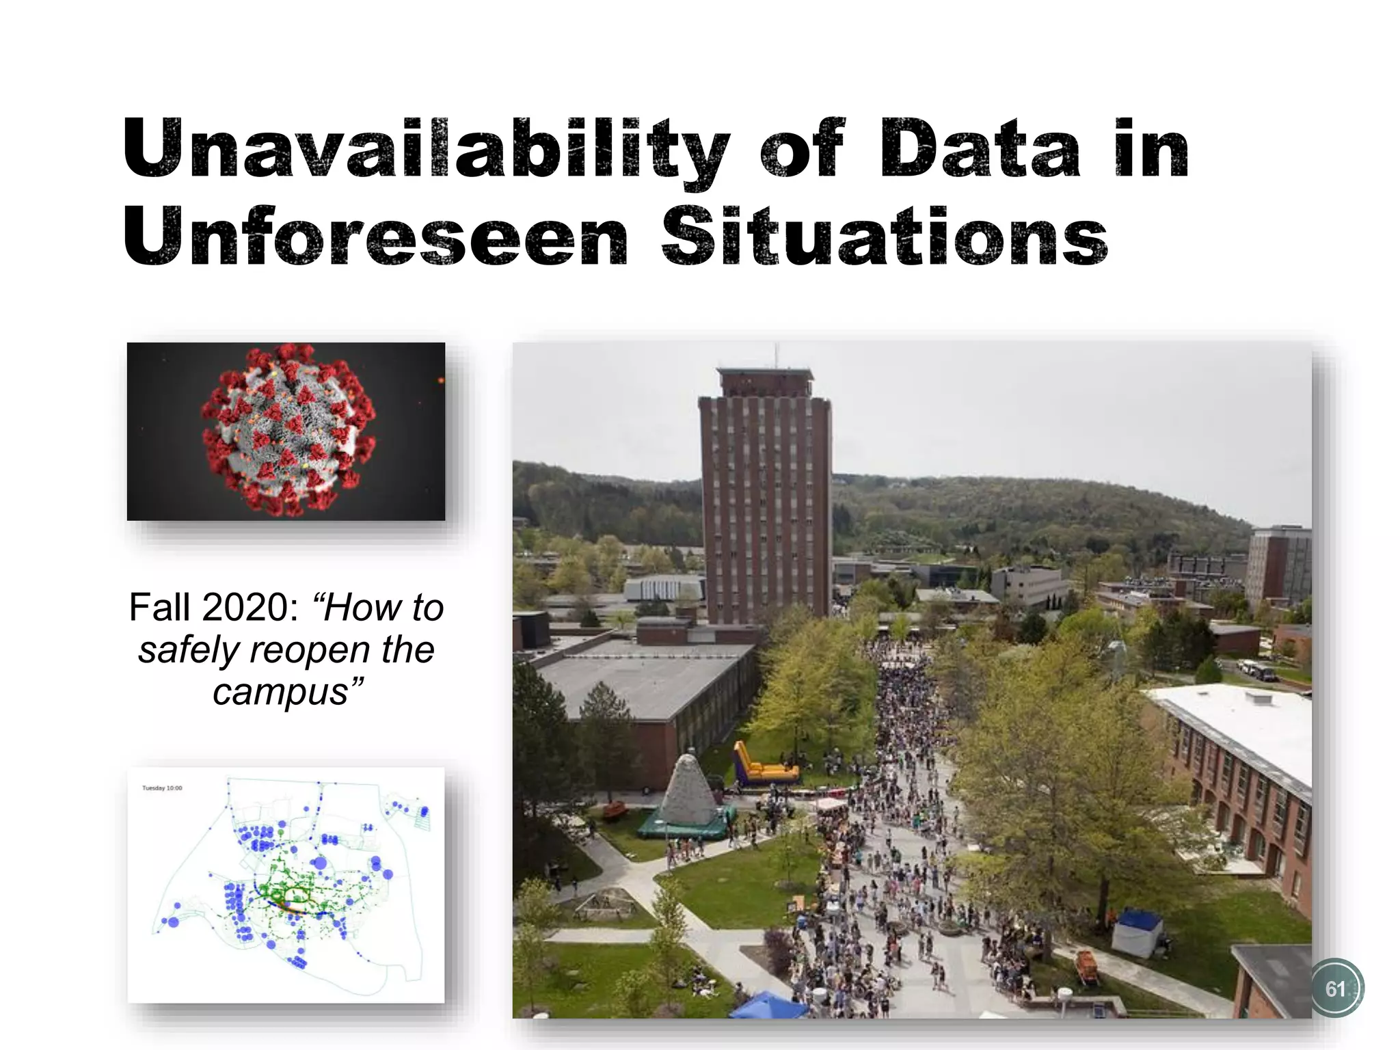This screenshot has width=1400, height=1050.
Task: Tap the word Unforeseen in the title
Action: click(x=375, y=237)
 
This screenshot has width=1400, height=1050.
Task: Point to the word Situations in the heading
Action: click(x=883, y=237)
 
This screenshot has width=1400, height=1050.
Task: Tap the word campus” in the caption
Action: click(x=287, y=692)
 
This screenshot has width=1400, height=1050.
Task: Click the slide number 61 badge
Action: click(x=1335, y=988)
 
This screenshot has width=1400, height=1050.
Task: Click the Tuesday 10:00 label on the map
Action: click(x=162, y=788)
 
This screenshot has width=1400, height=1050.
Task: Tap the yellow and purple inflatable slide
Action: click(x=762, y=766)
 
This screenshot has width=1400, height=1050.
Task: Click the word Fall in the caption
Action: click(x=160, y=607)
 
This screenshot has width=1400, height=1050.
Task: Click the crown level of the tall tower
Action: click(x=765, y=382)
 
